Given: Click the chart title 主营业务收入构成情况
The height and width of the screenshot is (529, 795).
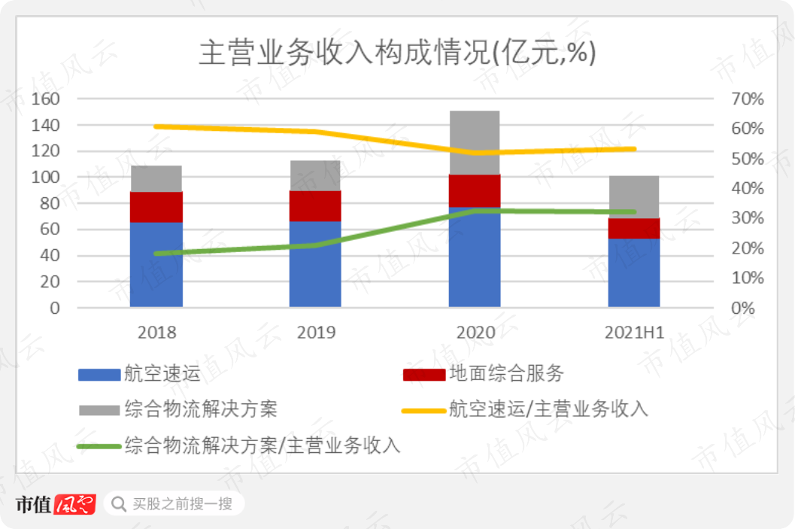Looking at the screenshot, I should point(396,54).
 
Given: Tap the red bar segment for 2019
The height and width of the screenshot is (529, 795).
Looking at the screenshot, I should point(315,205).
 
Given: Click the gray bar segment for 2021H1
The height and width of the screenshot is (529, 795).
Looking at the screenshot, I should point(633,196).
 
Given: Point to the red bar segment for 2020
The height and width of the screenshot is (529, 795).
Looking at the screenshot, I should point(475,190).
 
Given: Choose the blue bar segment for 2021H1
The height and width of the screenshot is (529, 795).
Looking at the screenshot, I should point(633,272).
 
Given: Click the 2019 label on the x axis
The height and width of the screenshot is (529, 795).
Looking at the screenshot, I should point(316,333).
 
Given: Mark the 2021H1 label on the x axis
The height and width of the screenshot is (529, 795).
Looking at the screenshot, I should point(634,333).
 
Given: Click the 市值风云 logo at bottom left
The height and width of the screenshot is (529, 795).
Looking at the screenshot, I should point(56,503).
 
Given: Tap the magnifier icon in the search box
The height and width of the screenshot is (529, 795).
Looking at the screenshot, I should point(119,503).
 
